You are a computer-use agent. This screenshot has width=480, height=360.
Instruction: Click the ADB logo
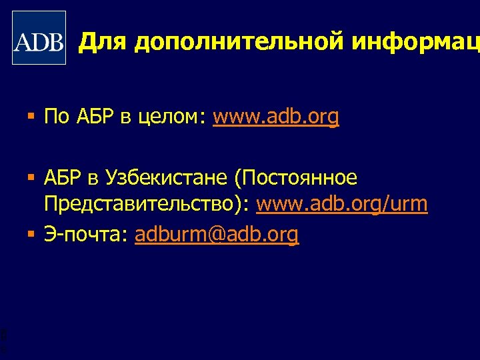coord(39,38)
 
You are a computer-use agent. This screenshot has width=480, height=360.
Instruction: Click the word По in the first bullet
coord(57,118)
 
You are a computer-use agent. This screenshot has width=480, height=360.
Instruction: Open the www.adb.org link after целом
coord(276,119)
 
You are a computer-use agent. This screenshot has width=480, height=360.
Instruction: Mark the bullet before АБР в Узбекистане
coord(31,179)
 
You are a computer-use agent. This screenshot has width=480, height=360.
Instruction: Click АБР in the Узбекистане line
coord(63,178)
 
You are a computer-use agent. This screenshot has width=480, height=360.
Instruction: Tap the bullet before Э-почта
coord(31,235)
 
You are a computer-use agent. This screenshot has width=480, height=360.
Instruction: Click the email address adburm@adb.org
coord(217,235)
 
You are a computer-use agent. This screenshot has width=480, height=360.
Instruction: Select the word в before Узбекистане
coord(94,179)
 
